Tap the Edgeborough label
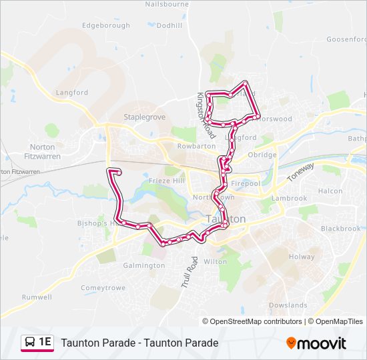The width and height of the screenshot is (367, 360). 105,25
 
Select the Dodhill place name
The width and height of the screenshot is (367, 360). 169,25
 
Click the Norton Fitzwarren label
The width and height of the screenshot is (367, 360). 45,151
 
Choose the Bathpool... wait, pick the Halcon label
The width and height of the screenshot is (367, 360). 330,191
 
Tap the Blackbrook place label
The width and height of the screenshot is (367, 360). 340,228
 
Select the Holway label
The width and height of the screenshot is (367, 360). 302,256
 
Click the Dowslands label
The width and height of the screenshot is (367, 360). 288,305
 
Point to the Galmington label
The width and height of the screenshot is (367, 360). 143,265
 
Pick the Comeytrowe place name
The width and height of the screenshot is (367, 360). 103,288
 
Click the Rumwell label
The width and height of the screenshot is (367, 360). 37,297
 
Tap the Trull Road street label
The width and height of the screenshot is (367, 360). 190,272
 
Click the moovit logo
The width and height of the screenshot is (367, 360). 316,343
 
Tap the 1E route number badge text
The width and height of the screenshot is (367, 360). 45,342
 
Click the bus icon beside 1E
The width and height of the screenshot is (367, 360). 31,342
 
